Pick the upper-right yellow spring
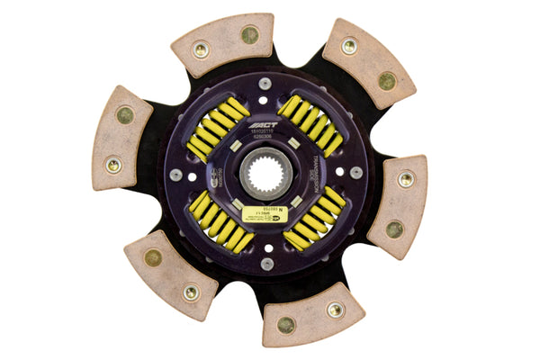[310, 123]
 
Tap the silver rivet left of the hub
[175, 174]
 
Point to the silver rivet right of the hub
[357, 171]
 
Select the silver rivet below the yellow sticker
[267, 263]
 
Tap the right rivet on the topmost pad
[249, 35]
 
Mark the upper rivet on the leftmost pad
[124, 115]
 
